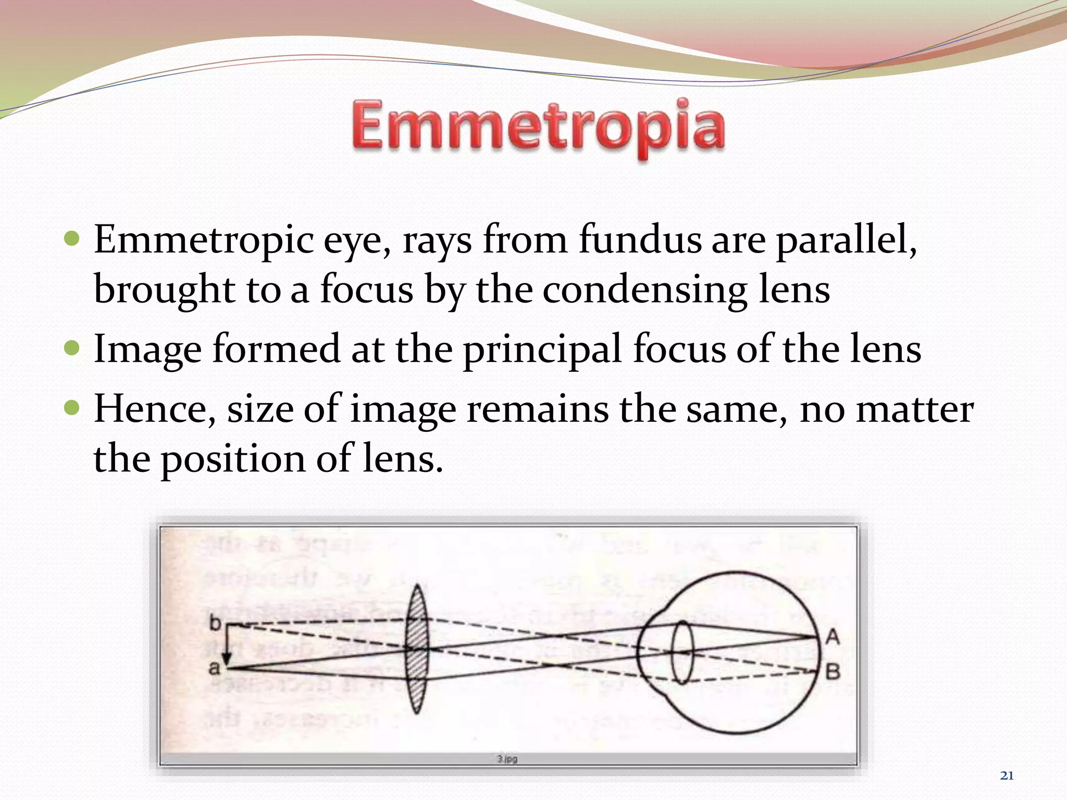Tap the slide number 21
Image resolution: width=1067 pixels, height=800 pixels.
click(x=1007, y=776)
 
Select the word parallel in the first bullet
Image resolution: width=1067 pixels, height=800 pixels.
click(x=846, y=241)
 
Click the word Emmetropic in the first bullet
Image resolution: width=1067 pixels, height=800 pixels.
click(x=204, y=241)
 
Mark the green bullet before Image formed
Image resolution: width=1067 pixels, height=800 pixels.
click(x=72, y=347)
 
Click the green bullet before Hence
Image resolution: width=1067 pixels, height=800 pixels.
click(x=72, y=407)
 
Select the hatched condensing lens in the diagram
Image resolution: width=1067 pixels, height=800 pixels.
click(x=417, y=649)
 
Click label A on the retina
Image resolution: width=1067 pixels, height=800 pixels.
click(x=833, y=636)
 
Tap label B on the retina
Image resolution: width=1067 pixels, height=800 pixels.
click(x=833, y=672)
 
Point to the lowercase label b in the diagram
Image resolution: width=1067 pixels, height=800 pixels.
click(x=215, y=623)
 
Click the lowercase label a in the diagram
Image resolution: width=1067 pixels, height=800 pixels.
click(x=214, y=668)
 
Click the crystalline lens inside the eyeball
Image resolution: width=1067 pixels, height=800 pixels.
click(x=682, y=652)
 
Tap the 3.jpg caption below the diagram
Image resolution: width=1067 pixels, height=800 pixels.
click(x=507, y=759)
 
